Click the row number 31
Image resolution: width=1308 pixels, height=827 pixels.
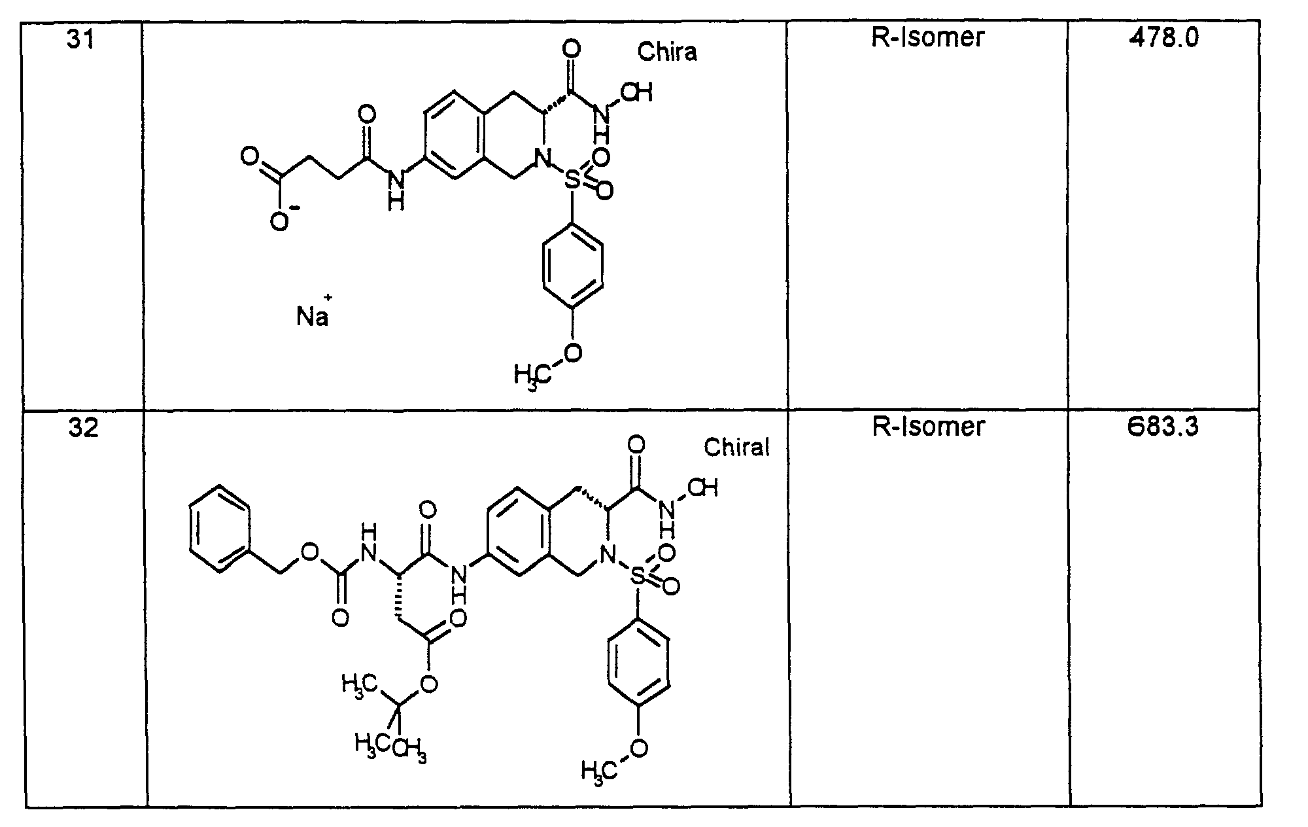tap(80, 41)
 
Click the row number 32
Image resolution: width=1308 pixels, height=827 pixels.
tap(83, 429)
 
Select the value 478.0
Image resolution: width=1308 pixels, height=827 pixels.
tap(1164, 39)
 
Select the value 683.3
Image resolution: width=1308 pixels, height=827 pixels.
tap(1164, 427)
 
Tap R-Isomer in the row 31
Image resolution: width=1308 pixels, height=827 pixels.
tap(927, 37)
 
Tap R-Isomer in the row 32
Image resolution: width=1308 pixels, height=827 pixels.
tap(928, 427)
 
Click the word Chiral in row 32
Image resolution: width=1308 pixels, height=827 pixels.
tap(736, 448)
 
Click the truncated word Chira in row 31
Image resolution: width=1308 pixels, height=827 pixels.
tap(667, 52)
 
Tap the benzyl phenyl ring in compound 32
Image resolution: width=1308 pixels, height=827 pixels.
tap(220, 529)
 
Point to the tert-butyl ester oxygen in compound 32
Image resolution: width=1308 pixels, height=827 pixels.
tap(428, 684)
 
